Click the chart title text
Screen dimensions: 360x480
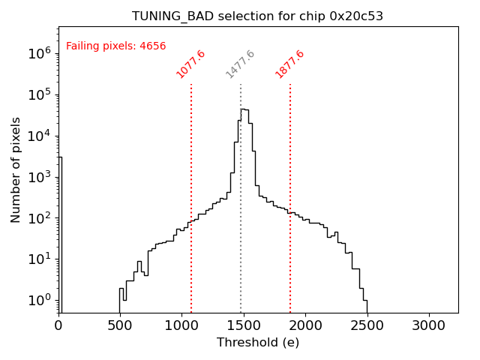(x=258, y=16)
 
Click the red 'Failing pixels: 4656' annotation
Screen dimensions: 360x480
(x=115, y=46)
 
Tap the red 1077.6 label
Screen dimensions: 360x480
(x=190, y=64)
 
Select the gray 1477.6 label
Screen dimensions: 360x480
(x=241, y=64)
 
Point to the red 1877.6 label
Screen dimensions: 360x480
(x=289, y=64)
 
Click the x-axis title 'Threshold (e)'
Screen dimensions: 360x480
(x=258, y=343)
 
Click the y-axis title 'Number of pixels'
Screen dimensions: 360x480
(x=16, y=169)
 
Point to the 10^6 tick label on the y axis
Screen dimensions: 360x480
(x=39, y=53)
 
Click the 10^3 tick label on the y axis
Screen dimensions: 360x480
(x=39, y=177)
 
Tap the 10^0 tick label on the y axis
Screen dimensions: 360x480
(x=39, y=301)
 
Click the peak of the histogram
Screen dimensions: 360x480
(x=243, y=109)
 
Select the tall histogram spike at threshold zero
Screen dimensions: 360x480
(x=60, y=225)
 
